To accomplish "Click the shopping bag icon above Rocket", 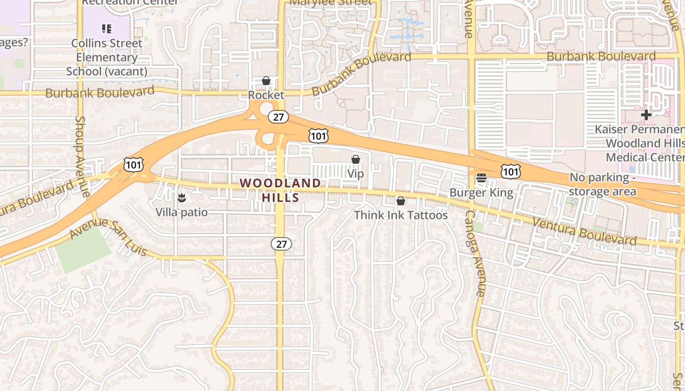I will pos(266,81).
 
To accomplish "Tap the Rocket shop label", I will pos(266,95).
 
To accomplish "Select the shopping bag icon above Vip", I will pos(356,159).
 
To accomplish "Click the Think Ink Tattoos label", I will pos(401,215).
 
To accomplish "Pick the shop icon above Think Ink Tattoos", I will pos(401,201).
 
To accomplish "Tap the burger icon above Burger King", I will pos(481,178).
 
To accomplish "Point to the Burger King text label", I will pos(481,193).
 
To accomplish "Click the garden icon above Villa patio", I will pos(182,198).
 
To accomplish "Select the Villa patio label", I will pos(182,213).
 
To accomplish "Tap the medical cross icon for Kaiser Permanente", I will pos(646,115).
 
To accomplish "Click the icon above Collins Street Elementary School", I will pos(107,29).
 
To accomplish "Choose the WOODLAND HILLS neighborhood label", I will pos(280,190).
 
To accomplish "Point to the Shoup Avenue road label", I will pos(82,156).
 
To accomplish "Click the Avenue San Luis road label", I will pos(108,237).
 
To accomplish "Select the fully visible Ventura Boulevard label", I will pos(585,231).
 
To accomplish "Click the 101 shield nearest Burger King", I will pos(510,172).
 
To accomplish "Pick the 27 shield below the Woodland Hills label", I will pos(281,244).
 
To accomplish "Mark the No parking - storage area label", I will pos(602,184).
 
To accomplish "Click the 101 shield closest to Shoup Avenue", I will pos(133,165).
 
